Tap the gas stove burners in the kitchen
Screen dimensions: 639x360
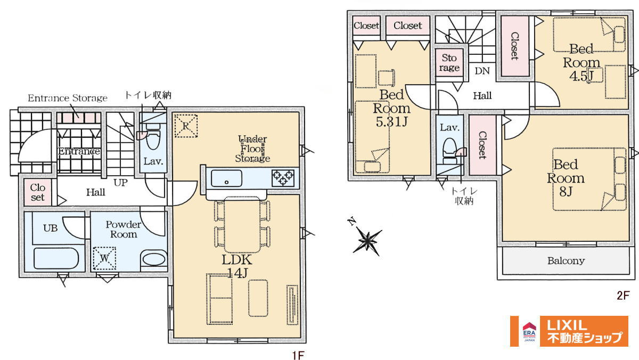point(283,178)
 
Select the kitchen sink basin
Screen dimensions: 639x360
point(226,178)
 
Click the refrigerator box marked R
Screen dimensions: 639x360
point(186,126)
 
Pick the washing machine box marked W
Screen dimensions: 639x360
point(104,258)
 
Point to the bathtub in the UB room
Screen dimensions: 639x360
point(56,258)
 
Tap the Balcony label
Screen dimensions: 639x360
point(566,261)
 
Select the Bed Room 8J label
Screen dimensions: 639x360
point(566,178)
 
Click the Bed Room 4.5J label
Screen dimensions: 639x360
point(581,62)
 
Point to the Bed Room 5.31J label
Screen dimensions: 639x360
point(392,108)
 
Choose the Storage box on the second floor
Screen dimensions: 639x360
point(449,63)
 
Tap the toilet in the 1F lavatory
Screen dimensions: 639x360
point(153,137)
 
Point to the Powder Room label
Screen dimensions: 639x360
point(124,230)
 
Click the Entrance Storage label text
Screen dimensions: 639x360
point(68,98)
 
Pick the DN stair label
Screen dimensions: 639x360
point(482,71)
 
